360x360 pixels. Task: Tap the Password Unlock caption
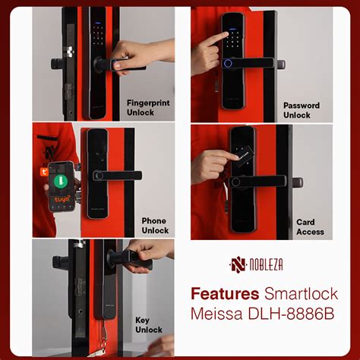[x=302, y=110]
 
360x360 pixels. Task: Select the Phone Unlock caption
[x=154, y=226]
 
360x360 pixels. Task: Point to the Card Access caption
[x=310, y=227]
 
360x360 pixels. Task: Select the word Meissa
[x=216, y=314]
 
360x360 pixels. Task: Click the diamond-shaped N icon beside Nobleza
[x=238, y=265]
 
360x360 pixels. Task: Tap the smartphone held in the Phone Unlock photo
[x=62, y=186]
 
